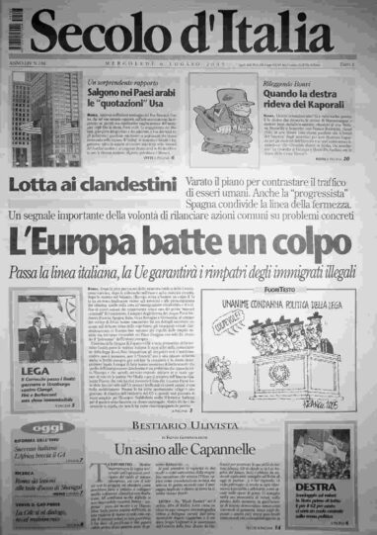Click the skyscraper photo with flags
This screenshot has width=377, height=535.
coord(40,115)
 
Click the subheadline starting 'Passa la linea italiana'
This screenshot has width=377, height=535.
coord(188,269)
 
